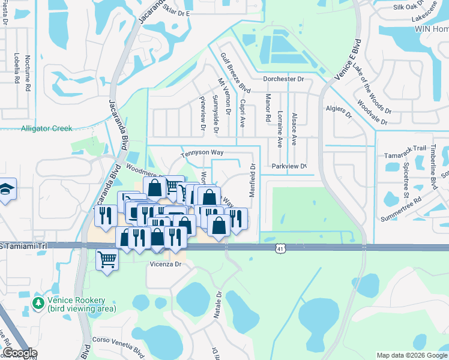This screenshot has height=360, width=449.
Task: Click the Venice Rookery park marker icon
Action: pos(39,304)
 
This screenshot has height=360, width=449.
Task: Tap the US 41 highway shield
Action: pos(280,248)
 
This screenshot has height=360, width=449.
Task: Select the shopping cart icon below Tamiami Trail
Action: pos(107,260)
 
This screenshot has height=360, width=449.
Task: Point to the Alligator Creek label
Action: pos(46,128)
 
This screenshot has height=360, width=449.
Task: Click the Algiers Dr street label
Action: pos(339,112)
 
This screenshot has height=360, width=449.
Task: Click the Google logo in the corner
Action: pos(19,353)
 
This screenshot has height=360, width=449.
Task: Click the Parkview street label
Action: pos(289,166)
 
